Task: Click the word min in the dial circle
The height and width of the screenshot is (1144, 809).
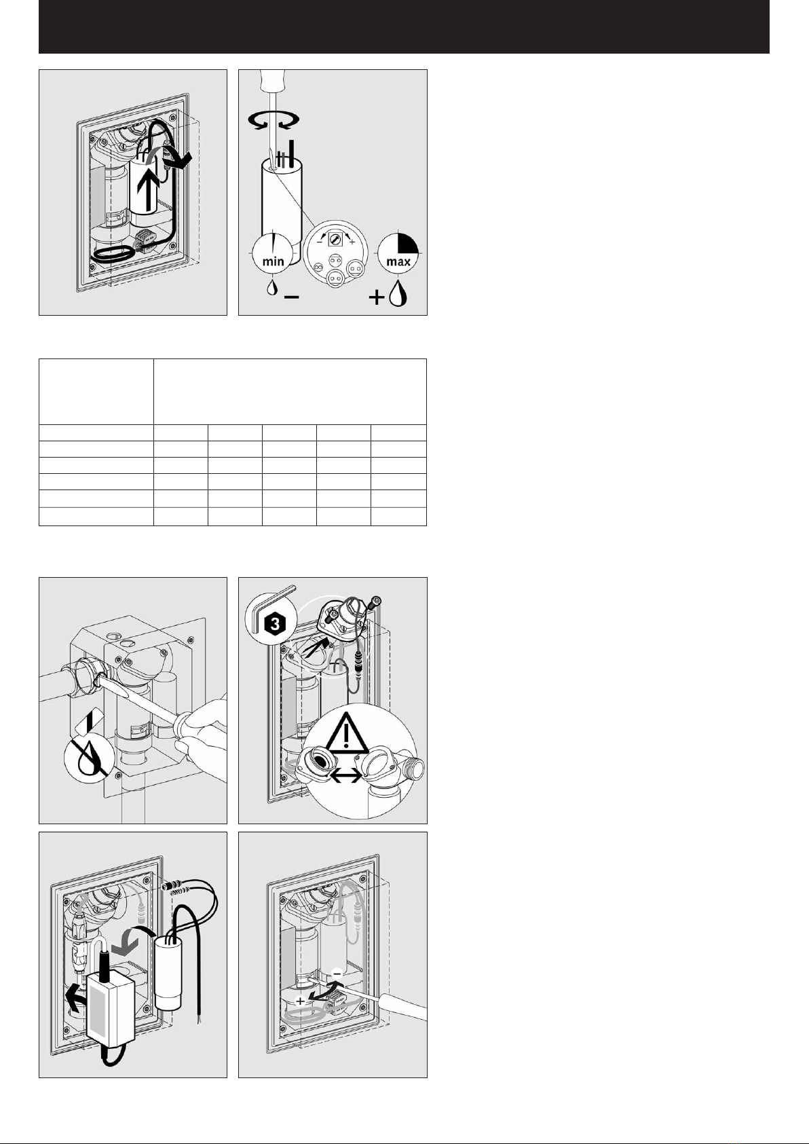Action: [273, 261]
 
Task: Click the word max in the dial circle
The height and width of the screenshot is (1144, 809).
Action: [398, 262]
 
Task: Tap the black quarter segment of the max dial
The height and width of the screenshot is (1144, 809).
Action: [409, 243]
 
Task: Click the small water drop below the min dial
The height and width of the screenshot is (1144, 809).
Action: [272, 288]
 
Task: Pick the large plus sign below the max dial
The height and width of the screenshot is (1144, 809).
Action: [376, 297]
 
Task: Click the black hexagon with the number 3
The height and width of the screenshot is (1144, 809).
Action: [276, 623]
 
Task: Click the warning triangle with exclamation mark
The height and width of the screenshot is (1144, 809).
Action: [347, 732]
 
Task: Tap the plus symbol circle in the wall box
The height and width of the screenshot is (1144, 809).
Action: [300, 1001]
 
